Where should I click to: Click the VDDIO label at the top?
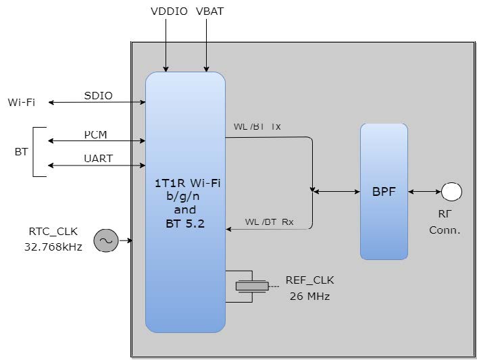point(169,11)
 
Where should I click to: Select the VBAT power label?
point(210,11)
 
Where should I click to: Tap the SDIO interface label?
point(98,95)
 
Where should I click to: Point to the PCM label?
point(95,134)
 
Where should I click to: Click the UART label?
point(98,159)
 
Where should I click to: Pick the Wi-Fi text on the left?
point(22,102)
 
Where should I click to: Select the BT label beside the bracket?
point(21,152)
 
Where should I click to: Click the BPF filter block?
point(384,192)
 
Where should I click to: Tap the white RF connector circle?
point(451,192)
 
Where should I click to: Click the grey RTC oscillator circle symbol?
point(106,240)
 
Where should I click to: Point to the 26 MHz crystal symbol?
point(252,286)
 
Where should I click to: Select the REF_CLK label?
point(309,280)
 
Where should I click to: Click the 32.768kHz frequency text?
point(53,247)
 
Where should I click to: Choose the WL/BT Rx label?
point(269,222)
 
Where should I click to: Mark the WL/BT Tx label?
point(257,126)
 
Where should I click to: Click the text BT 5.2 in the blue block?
point(185,224)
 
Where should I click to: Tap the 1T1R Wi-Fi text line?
point(188,183)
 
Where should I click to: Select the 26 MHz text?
point(309,296)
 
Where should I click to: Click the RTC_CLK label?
point(53,232)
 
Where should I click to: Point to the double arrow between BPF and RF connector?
point(425,192)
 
